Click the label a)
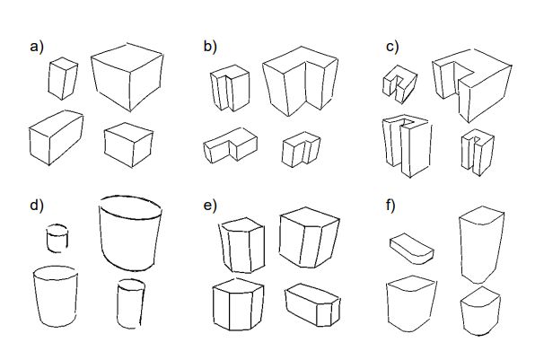[x=37, y=47]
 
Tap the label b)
[x=210, y=47]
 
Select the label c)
[x=392, y=47]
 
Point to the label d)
[x=37, y=206]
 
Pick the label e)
[x=210, y=206]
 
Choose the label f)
[x=390, y=206]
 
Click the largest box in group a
[x=127, y=77]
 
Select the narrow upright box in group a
[x=63, y=78]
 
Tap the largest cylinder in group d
[x=130, y=233]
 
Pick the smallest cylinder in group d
[x=57, y=238]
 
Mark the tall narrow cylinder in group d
[x=131, y=303]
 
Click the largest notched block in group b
[x=300, y=81]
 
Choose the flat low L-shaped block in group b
[x=231, y=145]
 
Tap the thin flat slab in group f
[x=412, y=249]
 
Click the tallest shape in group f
[x=482, y=245]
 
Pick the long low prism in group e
[x=313, y=304]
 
